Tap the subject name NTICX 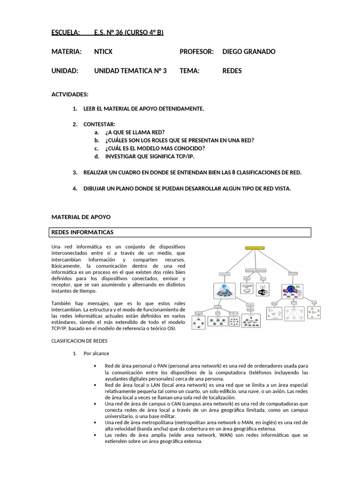103,52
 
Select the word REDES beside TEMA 232,71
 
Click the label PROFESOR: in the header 196,52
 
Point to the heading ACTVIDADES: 70,95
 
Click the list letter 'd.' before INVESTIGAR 97,157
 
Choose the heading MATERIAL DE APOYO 81,217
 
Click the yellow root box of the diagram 255,247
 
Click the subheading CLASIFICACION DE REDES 79,341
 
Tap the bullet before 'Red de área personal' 95,366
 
